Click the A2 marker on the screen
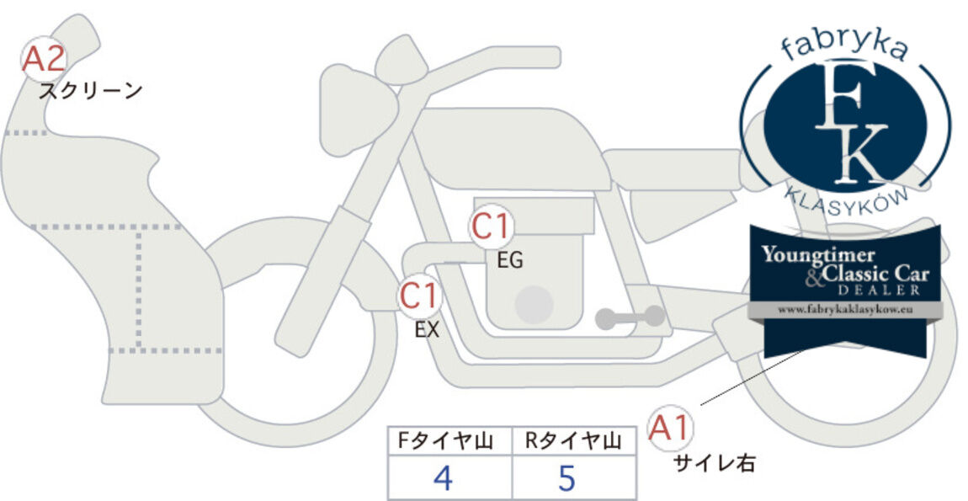tap(43, 59)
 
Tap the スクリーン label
tap(91, 92)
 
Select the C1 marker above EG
tap(491, 227)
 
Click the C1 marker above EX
tap(420, 296)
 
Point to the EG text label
tap(510, 261)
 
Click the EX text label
tap(427, 330)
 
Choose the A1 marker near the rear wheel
tap(670, 428)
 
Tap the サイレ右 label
tap(714, 463)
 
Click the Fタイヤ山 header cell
tap(450, 441)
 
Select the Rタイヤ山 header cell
tap(574, 441)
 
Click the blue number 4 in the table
tap(443, 478)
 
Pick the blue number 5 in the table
tap(566, 478)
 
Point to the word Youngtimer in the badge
tap(818, 254)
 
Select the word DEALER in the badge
tap(879, 290)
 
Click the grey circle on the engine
tap(534, 304)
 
